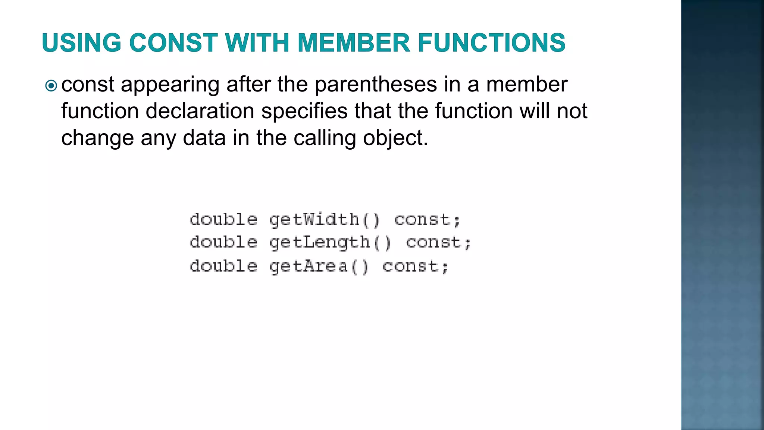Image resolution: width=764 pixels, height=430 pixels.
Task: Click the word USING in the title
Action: [82, 43]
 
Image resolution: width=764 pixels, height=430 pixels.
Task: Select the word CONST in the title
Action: [173, 43]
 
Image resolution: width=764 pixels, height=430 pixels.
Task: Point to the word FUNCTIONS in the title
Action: [492, 43]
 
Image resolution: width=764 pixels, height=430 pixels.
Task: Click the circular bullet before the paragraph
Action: [51, 86]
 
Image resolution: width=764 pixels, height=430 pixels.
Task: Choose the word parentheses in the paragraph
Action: [376, 84]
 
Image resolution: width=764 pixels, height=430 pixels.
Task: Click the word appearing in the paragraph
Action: [170, 85]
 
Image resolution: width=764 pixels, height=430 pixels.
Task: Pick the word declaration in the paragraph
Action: [200, 111]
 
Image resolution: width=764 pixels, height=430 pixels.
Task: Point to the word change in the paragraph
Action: [97, 138]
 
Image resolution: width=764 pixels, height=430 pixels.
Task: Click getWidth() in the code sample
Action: [324, 220]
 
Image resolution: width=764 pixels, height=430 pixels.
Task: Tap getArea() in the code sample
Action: [319, 267]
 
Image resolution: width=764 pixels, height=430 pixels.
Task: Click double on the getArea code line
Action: [223, 267]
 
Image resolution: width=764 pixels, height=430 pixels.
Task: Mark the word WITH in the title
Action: [257, 43]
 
